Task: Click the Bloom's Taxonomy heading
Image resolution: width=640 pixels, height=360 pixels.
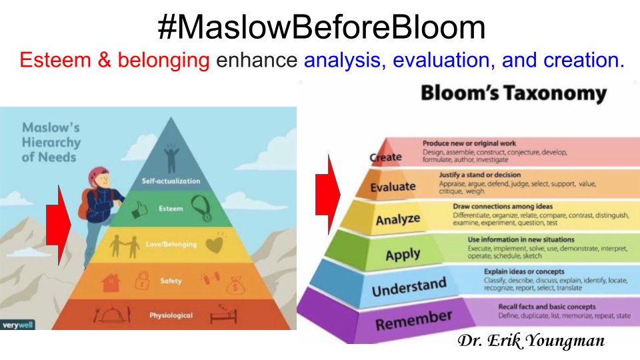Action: click(x=513, y=94)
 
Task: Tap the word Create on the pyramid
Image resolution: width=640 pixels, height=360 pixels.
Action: click(x=386, y=157)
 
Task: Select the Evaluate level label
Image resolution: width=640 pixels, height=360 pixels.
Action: click(x=393, y=187)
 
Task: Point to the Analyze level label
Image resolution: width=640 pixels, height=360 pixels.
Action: click(x=398, y=219)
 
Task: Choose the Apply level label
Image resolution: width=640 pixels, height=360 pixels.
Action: click(x=403, y=254)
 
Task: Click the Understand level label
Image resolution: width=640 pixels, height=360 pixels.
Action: click(x=409, y=288)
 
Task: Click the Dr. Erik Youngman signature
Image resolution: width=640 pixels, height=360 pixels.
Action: click(x=531, y=341)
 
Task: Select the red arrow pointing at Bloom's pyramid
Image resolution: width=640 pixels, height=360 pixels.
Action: click(x=327, y=194)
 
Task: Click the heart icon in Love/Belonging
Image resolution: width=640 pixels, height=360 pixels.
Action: click(x=213, y=245)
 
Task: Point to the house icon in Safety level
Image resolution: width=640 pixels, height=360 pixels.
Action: click(x=110, y=282)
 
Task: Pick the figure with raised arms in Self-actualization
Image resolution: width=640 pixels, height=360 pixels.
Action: click(x=172, y=159)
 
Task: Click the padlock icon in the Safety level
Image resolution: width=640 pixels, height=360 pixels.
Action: click(x=141, y=281)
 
